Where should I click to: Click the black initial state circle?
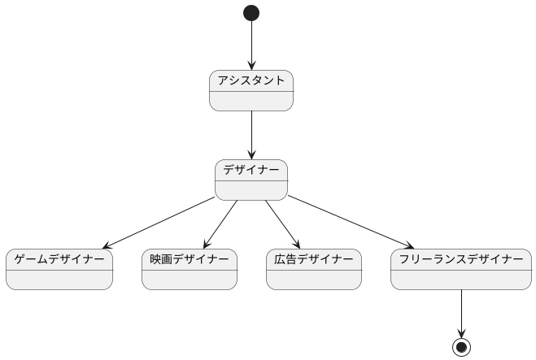(x=251, y=13)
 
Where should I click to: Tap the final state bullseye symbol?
(x=461, y=347)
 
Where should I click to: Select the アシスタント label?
(x=251, y=80)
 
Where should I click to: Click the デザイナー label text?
(x=251, y=170)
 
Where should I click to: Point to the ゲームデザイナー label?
(x=59, y=259)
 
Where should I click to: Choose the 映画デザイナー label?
(x=190, y=259)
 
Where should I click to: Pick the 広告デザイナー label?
(x=313, y=259)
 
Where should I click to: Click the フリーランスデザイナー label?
(x=461, y=259)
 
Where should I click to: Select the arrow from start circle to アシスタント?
(x=251, y=46)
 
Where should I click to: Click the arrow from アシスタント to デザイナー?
(x=251, y=135)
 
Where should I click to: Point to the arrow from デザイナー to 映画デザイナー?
(x=220, y=223)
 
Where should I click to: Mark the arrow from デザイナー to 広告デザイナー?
(x=282, y=223)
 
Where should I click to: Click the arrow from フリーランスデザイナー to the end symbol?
(x=461, y=314)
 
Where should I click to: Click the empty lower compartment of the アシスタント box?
(x=251, y=101)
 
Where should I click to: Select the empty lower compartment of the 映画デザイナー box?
(x=190, y=279)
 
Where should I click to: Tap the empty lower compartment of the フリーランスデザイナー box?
(x=461, y=279)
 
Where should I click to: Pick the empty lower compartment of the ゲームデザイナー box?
(x=59, y=279)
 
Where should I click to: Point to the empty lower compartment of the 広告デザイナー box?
(x=313, y=279)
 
